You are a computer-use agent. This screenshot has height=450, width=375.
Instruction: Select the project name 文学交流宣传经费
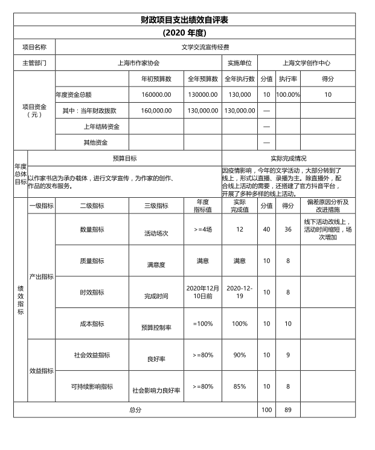(x=205, y=47)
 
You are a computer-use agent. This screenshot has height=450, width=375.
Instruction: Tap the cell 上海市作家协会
(x=138, y=63)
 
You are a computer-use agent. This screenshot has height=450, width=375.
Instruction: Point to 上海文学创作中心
(x=306, y=63)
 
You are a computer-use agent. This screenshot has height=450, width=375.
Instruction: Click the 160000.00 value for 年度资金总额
(x=156, y=94)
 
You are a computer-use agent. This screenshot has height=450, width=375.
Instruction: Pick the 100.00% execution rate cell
(x=288, y=94)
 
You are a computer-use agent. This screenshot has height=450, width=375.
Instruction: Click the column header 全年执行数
(x=239, y=79)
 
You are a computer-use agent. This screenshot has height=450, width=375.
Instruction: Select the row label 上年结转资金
(x=101, y=127)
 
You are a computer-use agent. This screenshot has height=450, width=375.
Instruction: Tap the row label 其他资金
(x=95, y=143)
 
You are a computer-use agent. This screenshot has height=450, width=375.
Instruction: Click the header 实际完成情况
(x=288, y=158)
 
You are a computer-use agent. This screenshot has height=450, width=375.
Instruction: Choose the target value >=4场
(x=202, y=229)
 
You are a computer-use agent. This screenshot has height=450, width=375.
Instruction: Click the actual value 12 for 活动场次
(x=240, y=229)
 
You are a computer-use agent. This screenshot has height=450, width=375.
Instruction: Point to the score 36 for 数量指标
(x=288, y=229)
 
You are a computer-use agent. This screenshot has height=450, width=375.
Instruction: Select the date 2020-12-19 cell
(x=240, y=292)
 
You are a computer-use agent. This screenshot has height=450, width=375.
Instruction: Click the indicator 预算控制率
(x=156, y=327)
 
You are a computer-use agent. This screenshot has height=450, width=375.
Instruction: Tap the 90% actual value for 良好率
(x=240, y=355)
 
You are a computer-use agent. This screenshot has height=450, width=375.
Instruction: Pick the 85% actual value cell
(x=240, y=386)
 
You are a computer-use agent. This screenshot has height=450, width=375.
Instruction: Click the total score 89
(x=288, y=410)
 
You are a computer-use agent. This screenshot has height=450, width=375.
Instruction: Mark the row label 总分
(x=135, y=410)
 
